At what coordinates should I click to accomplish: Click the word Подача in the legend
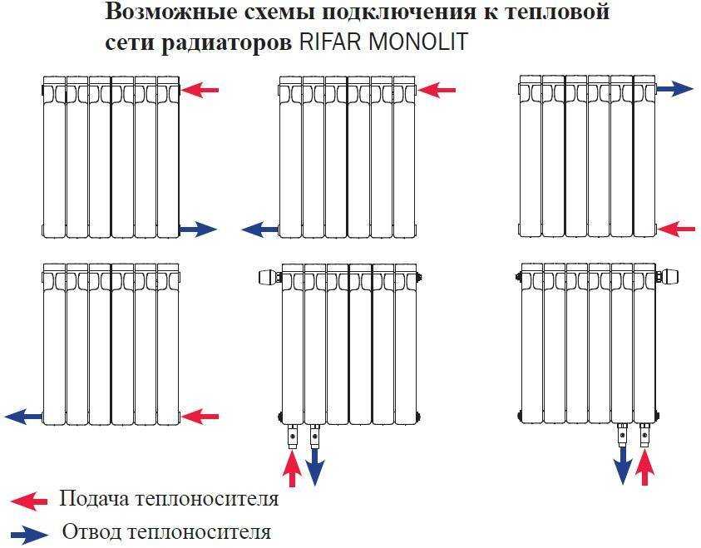89,499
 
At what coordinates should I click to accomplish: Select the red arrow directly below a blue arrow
675,228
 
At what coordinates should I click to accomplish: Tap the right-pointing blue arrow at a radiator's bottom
198,230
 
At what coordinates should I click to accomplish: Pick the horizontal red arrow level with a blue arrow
200,415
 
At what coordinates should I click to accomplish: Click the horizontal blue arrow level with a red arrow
24,415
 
